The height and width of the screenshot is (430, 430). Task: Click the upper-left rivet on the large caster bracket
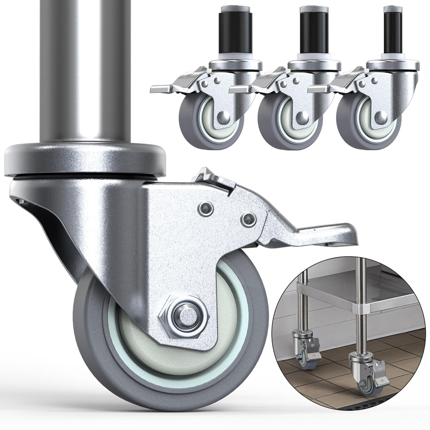204,207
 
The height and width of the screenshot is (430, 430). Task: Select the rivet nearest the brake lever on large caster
248,219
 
